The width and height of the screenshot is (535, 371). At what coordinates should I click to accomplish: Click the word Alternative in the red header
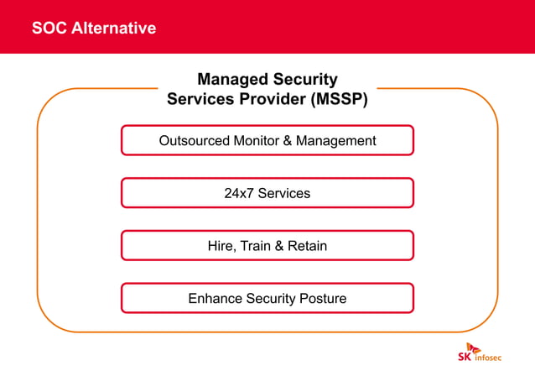[x=113, y=29]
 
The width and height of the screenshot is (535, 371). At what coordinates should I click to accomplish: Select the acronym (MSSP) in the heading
[x=339, y=99]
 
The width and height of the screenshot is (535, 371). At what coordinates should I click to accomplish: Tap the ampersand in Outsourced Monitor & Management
[x=288, y=141]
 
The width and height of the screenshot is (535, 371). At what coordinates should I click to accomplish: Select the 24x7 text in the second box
[x=239, y=194]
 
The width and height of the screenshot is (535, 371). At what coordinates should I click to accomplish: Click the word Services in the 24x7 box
[x=284, y=194]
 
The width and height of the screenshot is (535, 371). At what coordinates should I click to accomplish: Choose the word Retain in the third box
[x=308, y=247]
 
